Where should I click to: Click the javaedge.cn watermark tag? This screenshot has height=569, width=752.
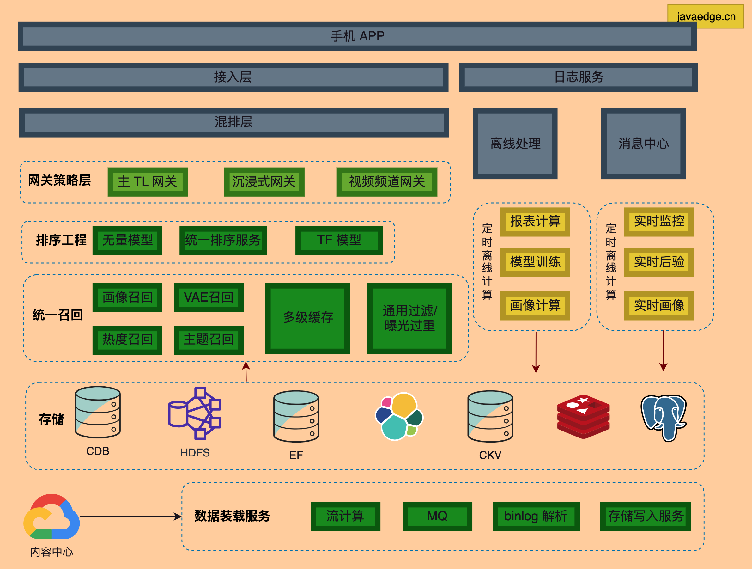pos(706,16)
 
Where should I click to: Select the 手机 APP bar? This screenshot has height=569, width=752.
pos(357,36)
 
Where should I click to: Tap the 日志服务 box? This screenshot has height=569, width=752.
pos(578,77)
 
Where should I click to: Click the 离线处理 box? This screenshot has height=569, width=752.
pos(515,144)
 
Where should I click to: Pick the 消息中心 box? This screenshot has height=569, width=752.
pos(643,144)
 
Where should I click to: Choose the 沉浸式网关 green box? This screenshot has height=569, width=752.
pos(264,182)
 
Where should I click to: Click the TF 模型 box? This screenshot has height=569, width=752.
pos(339,240)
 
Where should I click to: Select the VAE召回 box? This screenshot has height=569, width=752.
pos(209,297)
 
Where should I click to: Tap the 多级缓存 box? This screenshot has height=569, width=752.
pos(307,318)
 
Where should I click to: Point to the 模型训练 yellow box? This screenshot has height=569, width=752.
pos(535,262)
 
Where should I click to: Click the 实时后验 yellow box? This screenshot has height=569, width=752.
pos(658,262)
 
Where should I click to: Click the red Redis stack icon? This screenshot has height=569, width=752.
pos(583,416)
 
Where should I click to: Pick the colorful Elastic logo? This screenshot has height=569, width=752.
pos(399,416)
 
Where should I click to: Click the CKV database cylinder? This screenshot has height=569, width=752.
pos(490,416)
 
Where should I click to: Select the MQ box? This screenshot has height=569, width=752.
pos(437,516)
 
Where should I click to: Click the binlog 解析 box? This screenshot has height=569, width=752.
pos(536,516)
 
